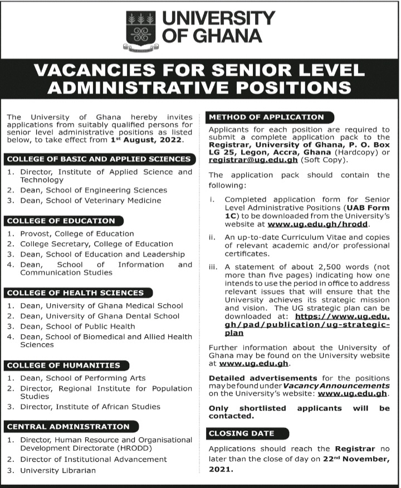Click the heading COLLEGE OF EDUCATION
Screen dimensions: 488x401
pyautogui.click(x=61, y=221)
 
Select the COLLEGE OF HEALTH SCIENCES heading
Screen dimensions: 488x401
pyautogui.click(x=75, y=292)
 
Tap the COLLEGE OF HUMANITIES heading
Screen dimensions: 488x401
pyautogui.click(x=63, y=365)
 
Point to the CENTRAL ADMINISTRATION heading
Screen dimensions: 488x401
pyautogui.click(x=68, y=426)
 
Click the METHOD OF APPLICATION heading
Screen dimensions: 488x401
pyautogui.click(x=266, y=117)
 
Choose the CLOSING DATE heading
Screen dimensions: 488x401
pyautogui.click(x=242, y=433)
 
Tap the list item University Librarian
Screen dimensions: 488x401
pyautogui.click(x=58, y=470)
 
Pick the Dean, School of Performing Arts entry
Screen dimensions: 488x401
pyautogui.click(x=83, y=378)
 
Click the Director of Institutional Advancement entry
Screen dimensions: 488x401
pyautogui.click(x=94, y=459)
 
